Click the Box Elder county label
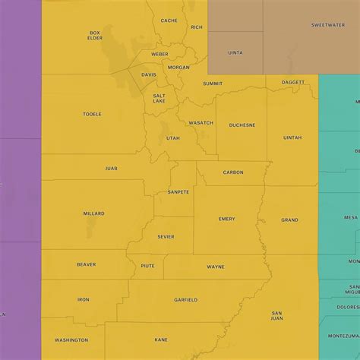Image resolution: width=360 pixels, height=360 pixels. tap(95, 36)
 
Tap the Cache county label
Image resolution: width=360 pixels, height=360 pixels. tap(169, 21)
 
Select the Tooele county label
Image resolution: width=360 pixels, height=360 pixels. tap(92, 115)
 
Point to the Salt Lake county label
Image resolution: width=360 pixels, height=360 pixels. tap(159, 98)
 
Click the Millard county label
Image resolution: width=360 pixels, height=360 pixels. tap(94, 213)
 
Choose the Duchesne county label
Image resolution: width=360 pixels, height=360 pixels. tap(242, 125)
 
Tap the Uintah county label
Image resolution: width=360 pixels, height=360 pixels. tap(292, 137)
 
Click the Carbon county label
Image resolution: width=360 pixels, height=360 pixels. tap(233, 172)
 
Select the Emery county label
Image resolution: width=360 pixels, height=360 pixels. tap(227, 219)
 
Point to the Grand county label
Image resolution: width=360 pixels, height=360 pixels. tap(289, 219)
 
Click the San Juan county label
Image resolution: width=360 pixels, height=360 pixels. tap(277, 315)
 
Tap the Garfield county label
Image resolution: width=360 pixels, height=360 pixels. tap(185, 300)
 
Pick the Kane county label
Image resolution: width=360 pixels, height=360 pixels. tap(161, 339)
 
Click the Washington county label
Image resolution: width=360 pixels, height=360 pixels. tap(71, 339)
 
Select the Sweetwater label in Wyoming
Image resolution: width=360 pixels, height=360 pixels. tap(327, 25)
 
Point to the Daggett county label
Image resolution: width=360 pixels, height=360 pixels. tap(293, 82)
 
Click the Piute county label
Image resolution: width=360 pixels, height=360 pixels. tap(148, 266)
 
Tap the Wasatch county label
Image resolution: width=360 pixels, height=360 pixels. tap(201, 122)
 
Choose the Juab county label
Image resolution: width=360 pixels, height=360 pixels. tap(112, 168)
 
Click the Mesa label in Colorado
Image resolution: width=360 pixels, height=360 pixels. tap(350, 217)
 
